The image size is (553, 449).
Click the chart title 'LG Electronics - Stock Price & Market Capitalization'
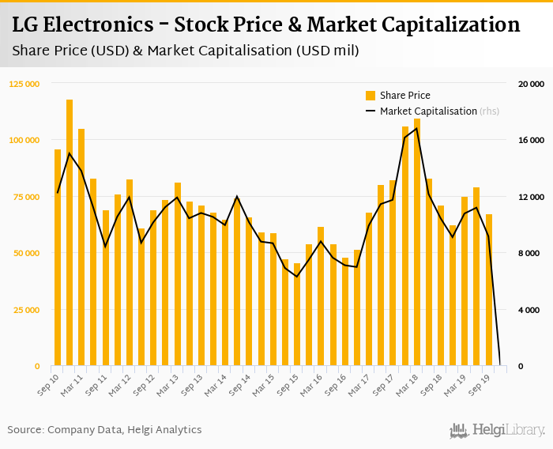[265, 25]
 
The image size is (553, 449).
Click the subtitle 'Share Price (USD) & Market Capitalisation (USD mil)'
[186, 51]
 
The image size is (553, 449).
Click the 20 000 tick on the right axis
[530, 84]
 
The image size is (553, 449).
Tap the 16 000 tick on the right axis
[530, 140]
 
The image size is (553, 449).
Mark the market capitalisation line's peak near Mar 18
[417, 128]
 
